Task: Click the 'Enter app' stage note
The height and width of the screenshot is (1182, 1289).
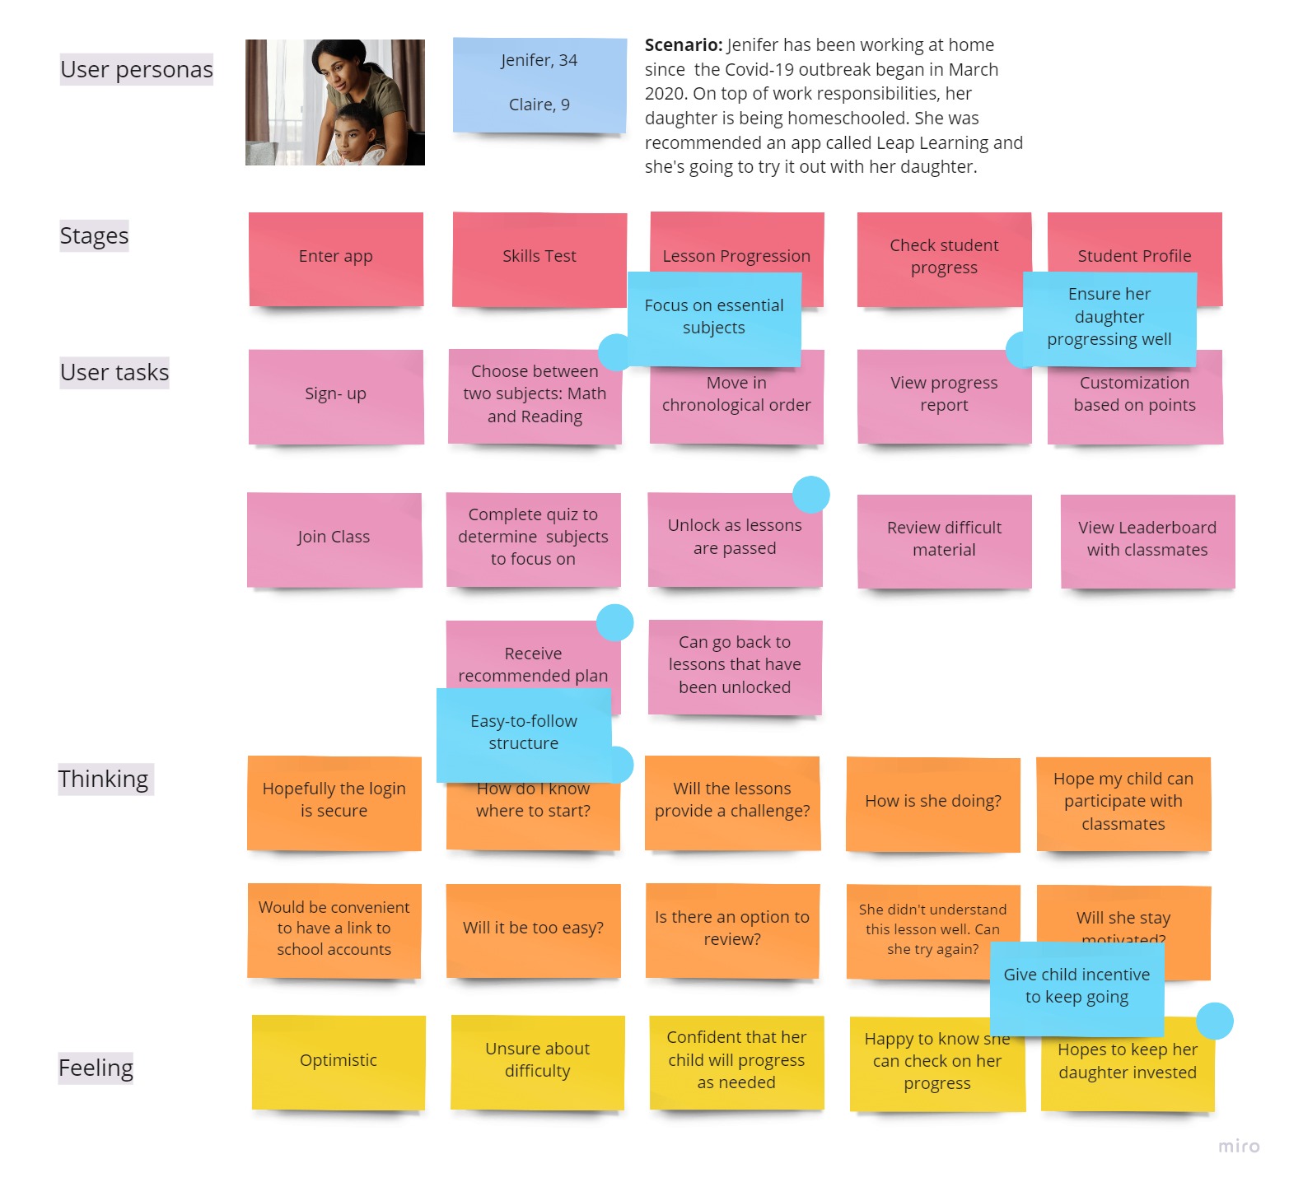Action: click(x=336, y=258)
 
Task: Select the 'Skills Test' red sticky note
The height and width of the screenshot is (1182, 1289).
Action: click(x=539, y=258)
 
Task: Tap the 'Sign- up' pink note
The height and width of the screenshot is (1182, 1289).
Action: click(x=336, y=395)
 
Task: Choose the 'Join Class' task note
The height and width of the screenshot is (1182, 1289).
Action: click(x=334, y=538)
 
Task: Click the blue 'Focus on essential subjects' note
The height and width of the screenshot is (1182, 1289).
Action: click(x=713, y=318)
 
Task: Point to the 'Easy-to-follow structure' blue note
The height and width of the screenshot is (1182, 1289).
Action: click(x=524, y=733)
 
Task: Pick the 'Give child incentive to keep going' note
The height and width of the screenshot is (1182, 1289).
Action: click(x=1077, y=987)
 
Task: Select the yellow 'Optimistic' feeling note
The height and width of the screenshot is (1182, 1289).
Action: click(x=339, y=1061)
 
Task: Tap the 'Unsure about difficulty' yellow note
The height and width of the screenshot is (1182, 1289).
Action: click(x=538, y=1061)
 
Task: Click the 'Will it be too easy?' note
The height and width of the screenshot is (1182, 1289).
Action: click(x=533, y=929)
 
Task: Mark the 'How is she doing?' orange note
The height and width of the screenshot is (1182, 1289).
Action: click(x=933, y=803)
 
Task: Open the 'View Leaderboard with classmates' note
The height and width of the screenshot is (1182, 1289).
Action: click(x=1147, y=540)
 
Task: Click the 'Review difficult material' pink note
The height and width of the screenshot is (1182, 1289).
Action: click(x=944, y=540)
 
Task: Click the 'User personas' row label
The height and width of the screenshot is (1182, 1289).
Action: click(x=137, y=70)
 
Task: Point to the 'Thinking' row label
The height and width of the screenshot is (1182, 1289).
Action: click(x=104, y=779)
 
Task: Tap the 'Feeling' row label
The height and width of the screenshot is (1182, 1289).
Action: click(x=96, y=1068)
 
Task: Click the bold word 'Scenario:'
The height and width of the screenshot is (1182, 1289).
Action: click(x=684, y=45)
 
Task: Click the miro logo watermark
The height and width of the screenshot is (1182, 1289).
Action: click(x=1239, y=1147)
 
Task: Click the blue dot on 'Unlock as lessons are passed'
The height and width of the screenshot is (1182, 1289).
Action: click(x=810, y=494)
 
